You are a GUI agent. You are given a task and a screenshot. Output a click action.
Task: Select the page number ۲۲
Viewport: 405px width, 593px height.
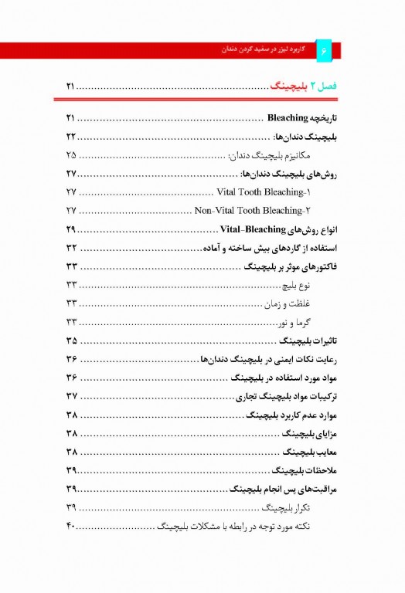pos(70,136)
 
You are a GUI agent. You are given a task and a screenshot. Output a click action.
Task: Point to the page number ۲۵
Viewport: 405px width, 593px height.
pos(70,154)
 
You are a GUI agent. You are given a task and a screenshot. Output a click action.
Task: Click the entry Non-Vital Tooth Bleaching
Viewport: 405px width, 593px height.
pos(247,210)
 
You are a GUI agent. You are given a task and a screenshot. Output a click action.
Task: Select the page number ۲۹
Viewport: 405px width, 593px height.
pos(70,230)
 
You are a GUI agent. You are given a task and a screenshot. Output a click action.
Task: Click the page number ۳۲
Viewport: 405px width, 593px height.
pos(70,249)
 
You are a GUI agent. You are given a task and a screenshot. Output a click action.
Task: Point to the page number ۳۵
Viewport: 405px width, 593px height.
pos(70,341)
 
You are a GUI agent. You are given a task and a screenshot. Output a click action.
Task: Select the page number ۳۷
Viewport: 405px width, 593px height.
pos(70,397)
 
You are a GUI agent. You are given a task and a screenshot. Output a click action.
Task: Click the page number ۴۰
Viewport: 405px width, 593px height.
pos(70,527)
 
